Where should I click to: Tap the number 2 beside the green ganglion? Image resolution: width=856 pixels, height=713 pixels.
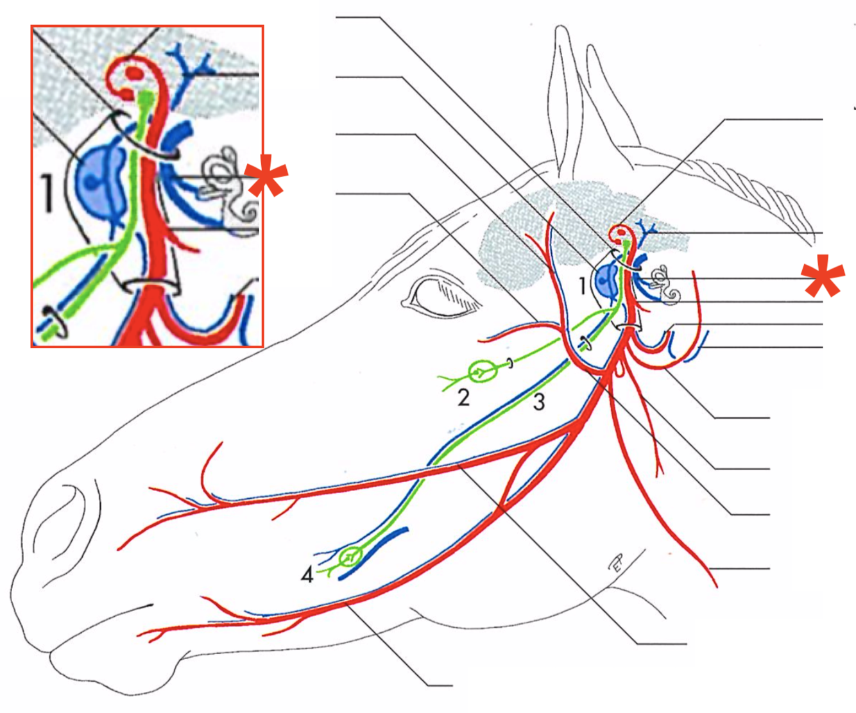(x=463, y=398)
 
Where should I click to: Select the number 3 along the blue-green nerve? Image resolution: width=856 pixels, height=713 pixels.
(x=539, y=402)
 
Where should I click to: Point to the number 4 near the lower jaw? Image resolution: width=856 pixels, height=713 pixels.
(x=307, y=575)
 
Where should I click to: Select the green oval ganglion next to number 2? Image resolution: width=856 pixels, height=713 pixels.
(x=479, y=371)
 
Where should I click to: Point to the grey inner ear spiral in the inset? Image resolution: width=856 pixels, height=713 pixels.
(x=225, y=183)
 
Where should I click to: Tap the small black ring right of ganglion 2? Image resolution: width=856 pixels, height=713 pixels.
(x=510, y=364)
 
